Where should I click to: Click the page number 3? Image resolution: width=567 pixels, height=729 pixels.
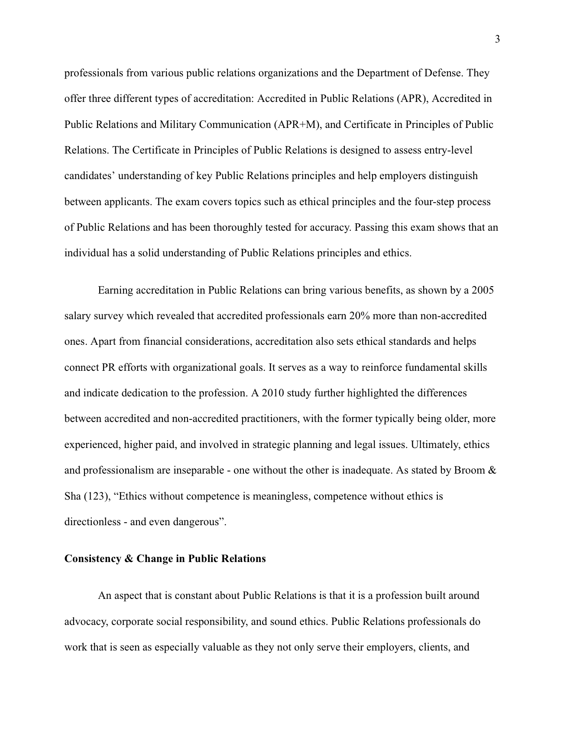click(497, 39)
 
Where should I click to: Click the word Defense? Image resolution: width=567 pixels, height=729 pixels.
click(449, 73)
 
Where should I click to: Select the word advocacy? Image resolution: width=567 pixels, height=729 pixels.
click(85, 621)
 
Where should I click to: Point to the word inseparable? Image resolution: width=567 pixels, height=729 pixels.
click(198, 471)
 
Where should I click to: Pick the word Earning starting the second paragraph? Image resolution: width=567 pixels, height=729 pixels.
click(116, 290)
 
